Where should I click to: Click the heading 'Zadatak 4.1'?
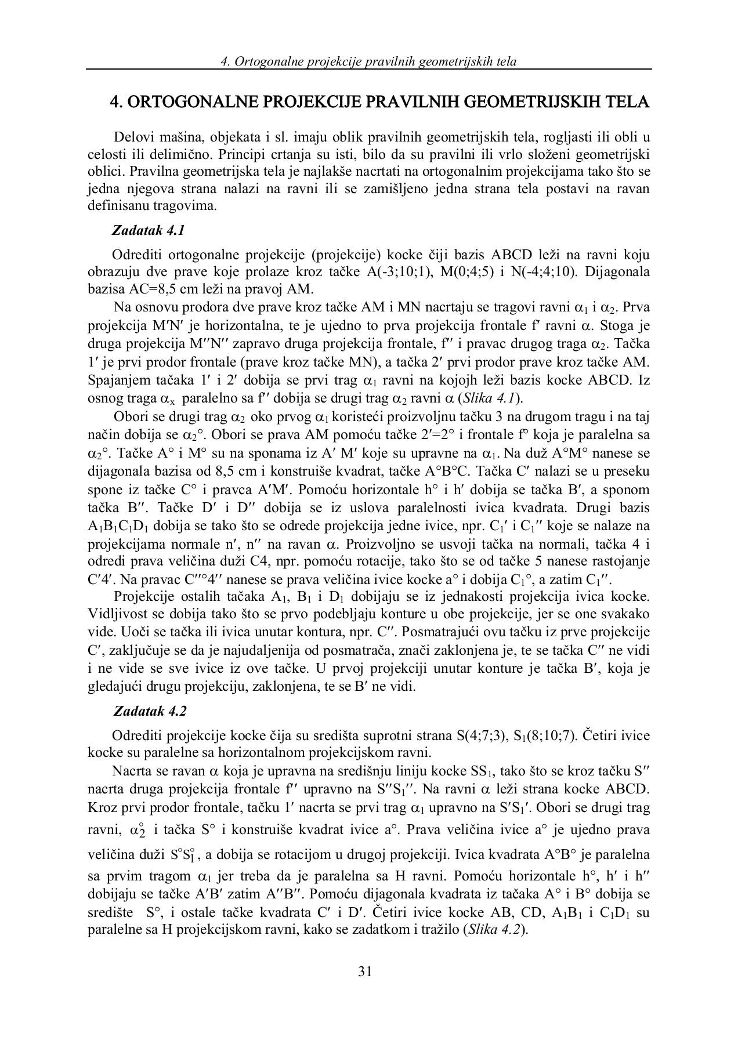[x=149, y=230]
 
